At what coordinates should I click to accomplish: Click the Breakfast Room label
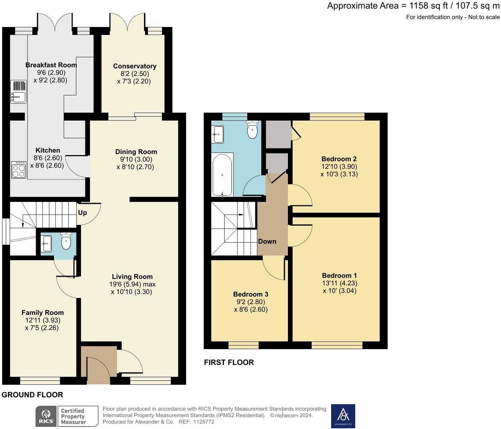[51, 65]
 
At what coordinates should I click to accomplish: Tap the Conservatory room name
[135, 66]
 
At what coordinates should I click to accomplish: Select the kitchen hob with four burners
[19, 170]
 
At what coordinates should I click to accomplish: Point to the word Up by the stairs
[82, 213]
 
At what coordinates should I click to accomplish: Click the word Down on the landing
[267, 241]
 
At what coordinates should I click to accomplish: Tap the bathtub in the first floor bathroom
[222, 175]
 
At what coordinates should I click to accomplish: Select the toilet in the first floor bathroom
[253, 131]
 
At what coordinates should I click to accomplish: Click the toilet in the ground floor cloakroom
[66, 241]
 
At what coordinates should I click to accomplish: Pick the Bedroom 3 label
[250, 294]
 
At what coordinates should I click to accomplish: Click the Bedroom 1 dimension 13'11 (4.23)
[339, 283]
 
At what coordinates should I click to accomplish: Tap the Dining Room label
[136, 152]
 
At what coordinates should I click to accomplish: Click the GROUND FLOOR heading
[32, 395]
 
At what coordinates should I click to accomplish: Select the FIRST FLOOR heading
[229, 362]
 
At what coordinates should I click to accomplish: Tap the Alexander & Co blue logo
[343, 416]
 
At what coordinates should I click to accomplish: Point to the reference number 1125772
[204, 422]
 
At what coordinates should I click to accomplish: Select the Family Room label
[42, 313]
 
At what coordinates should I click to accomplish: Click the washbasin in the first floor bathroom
[218, 134]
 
